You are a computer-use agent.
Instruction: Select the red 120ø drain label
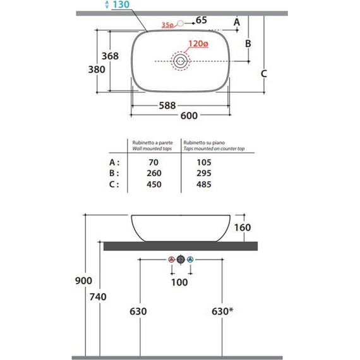click(x=198, y=44)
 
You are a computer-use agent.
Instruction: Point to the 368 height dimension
click(x=110, y=56)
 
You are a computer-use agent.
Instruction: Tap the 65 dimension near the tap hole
click(x=201, y=20)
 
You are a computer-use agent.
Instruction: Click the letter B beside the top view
click(x=248, y=43)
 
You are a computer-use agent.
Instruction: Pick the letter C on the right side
click(x=264, y=73)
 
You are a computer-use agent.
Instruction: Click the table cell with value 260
click(x=153, y=173)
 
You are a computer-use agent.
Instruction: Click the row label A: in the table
click(x=114, y=162)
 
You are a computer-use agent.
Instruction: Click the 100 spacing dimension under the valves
click(x=180, y=282)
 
